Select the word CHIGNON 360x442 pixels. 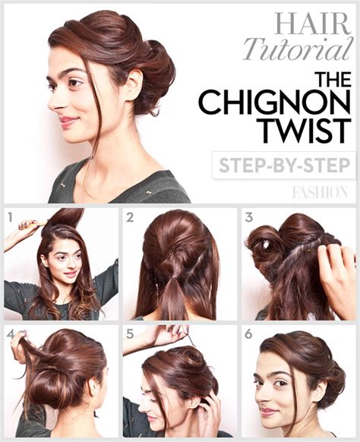(275, 103)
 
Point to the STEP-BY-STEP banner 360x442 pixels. (283, 165)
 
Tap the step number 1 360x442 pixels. (11, 217)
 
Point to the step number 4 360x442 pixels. (11, 333)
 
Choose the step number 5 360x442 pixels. (130, 333)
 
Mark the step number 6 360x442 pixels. (249, 333)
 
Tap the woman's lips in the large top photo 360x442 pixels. (67, 120)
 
